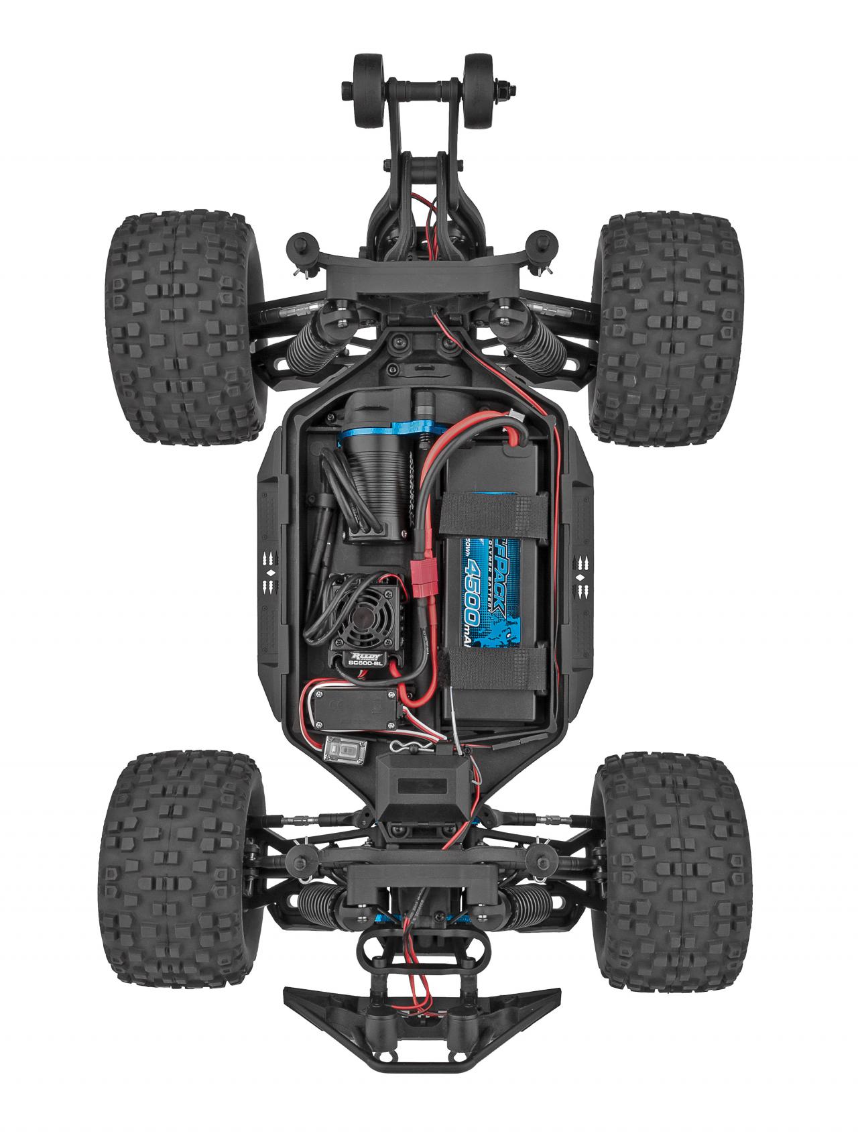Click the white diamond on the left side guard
(272, 574)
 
